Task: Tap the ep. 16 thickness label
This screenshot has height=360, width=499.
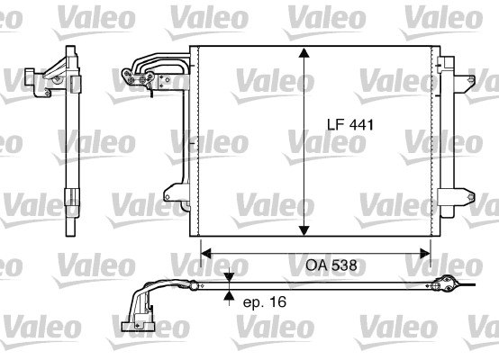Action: point(264,302)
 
